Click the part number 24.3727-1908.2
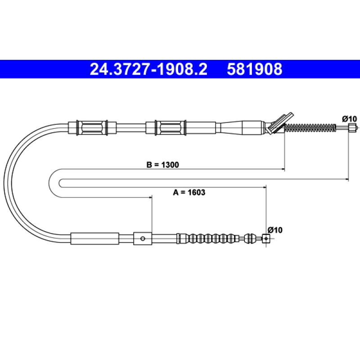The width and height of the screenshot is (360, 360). coord(148,69)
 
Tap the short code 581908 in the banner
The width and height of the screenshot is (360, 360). coord(254,69)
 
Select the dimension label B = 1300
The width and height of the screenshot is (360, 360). coord(162,165)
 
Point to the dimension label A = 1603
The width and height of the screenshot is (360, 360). coord(189,192)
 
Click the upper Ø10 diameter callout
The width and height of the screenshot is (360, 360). coord(350,119)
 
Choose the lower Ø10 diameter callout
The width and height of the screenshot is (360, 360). coord(275,230)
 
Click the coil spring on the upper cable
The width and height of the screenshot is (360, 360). coord(310,127)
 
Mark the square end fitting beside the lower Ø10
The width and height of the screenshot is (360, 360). coord(266,238)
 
